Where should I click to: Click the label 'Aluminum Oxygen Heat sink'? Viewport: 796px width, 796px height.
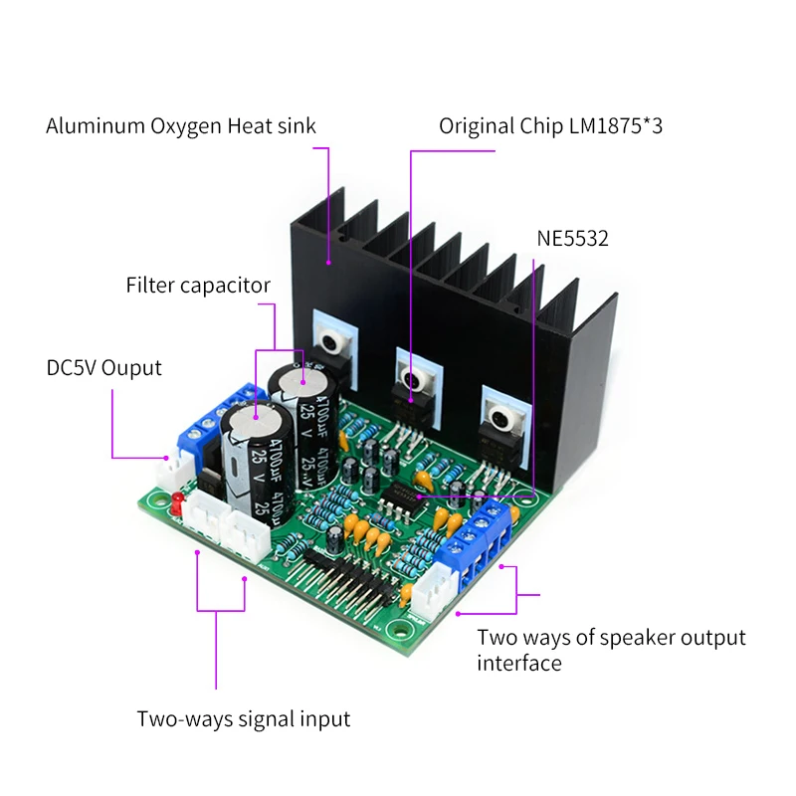pos(181,126)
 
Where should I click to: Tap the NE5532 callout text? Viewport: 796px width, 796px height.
pos(573,239)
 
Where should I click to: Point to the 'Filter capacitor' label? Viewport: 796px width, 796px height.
pos(198,286)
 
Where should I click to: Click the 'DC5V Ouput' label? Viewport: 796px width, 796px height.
pos(103,367)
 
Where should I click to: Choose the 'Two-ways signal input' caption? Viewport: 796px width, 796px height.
pos(244,718)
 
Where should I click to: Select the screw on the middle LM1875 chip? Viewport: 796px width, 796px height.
pos(412,378)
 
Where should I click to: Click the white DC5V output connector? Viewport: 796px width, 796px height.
pos(176,467)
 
